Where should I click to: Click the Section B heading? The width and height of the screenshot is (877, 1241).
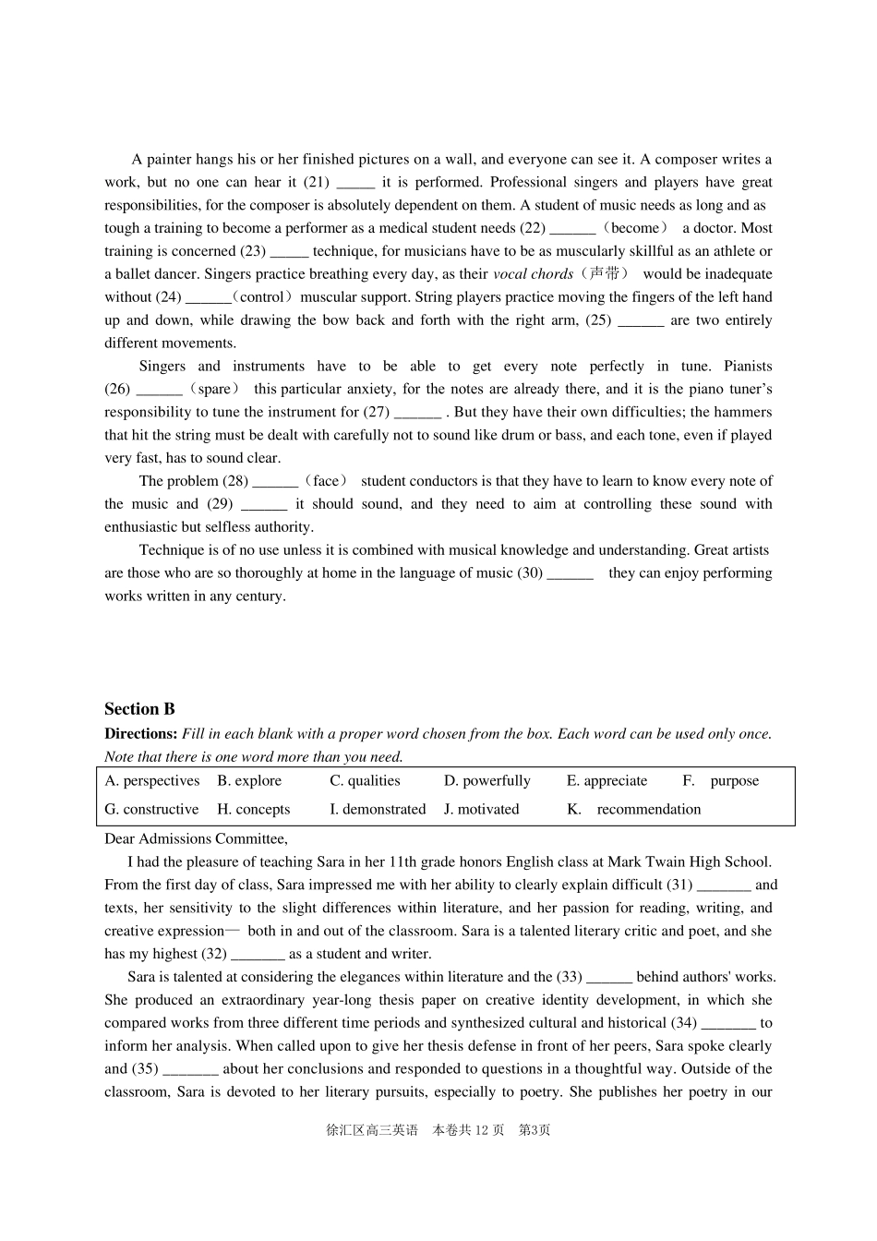139,709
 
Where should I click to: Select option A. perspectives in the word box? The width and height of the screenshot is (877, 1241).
152,780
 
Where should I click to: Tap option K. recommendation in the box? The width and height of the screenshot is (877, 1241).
634,809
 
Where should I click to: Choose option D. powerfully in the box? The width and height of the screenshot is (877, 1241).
487,780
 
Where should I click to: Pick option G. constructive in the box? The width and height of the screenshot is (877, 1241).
151,809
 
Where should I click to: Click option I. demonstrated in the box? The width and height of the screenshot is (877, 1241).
378,809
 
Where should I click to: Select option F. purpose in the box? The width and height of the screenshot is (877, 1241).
721,780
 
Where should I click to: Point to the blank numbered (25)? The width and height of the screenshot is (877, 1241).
641,320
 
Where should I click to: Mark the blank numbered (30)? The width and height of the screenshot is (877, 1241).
570,573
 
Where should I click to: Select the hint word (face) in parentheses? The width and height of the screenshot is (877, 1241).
327,481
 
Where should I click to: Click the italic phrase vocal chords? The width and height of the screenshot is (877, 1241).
533,274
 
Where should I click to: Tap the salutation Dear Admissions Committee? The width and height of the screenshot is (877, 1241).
196,838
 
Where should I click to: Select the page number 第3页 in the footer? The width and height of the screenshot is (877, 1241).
535,1130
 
